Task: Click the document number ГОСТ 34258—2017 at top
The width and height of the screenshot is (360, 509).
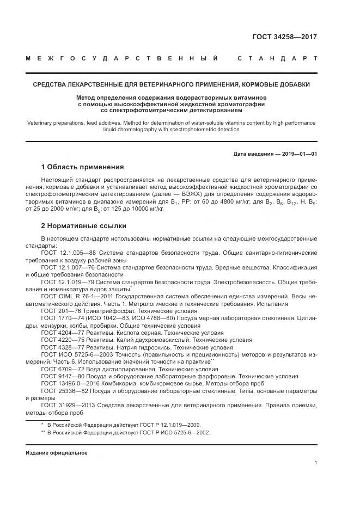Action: click(284, 38)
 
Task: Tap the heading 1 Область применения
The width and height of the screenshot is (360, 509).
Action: click(82, 167)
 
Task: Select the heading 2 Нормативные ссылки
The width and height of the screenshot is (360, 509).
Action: click(83, 225)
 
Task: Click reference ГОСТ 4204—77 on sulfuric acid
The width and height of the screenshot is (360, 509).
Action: click(63, 332)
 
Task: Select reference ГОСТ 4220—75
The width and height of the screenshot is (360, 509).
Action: click(63, 339)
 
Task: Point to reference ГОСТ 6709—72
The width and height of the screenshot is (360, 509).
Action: click(63, 369)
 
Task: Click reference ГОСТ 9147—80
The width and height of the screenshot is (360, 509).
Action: click(63, 376)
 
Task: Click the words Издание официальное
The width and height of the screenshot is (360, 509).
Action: click(57, 452)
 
